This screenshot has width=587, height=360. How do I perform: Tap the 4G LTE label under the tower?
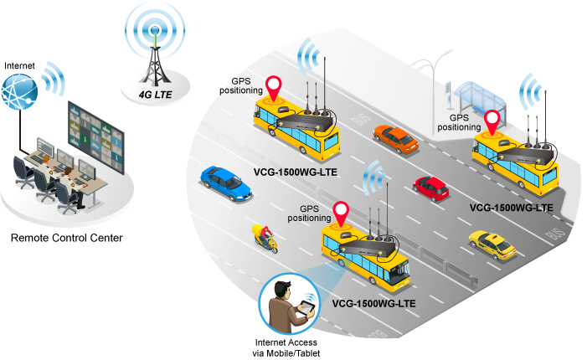tap(156, 95)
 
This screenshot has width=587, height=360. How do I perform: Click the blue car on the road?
tap(226, 182)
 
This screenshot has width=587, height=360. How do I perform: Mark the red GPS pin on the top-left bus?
tap(274, 85)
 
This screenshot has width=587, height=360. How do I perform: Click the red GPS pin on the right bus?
tap(492, 121)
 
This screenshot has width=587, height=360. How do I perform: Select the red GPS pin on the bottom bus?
tap(340, 211)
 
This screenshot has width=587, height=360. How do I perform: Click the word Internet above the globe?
tap(19, 65)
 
